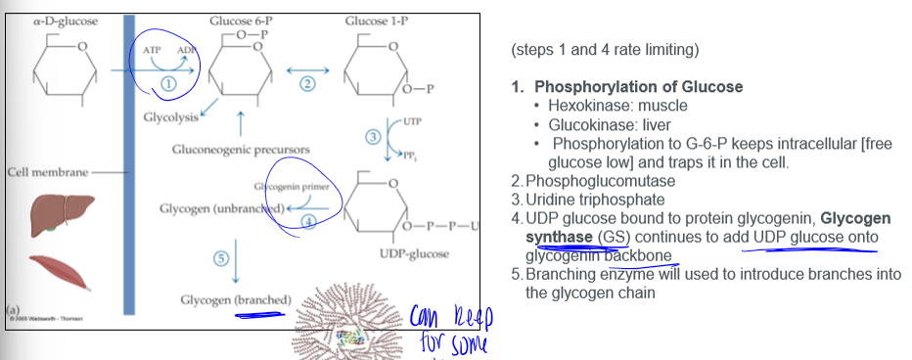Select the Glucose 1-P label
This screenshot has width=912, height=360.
(376, 21)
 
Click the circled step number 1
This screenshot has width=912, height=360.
(168, 85)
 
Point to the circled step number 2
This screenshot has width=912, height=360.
(307, 84)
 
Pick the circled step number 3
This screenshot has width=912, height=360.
(372, 136)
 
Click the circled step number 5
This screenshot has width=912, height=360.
(221, 257)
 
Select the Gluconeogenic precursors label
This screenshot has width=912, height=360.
(228, 150)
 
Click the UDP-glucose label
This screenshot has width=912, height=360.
(413, 254)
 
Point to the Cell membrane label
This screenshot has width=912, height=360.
(47, 172)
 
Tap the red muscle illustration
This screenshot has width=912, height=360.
(56, 273)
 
